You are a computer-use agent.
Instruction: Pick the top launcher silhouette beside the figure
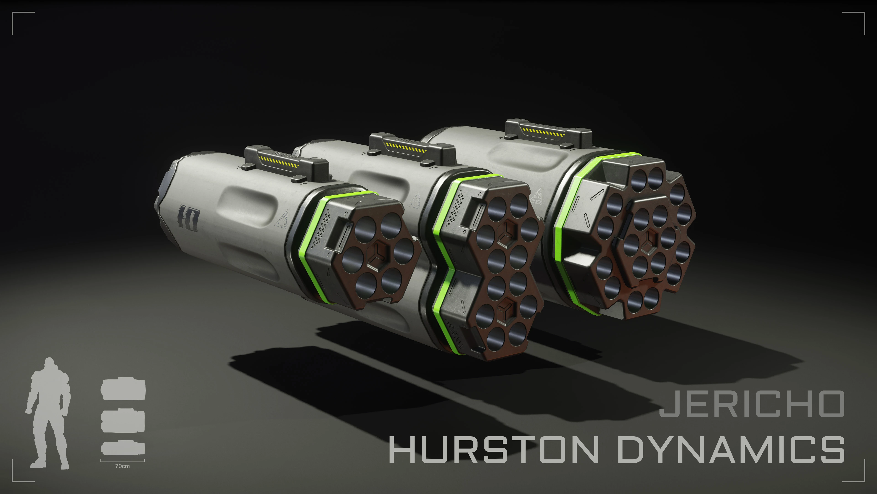(x=123, y=389)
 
